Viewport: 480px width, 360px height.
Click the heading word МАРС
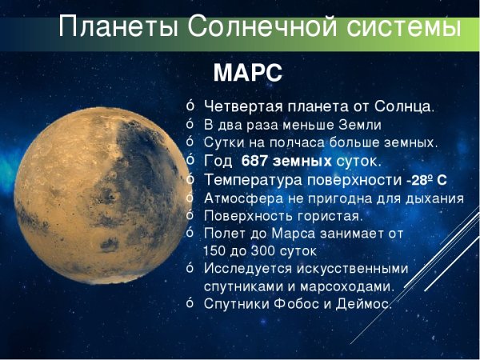click(x=247, y=74)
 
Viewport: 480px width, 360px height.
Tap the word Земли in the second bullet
click(x=359, y=125)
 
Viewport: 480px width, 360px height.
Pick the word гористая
click(x=330, y=216)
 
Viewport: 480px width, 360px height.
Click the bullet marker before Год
click(x=190, y=161)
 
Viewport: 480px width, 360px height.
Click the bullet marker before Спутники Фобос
click(x=190, y=304)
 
